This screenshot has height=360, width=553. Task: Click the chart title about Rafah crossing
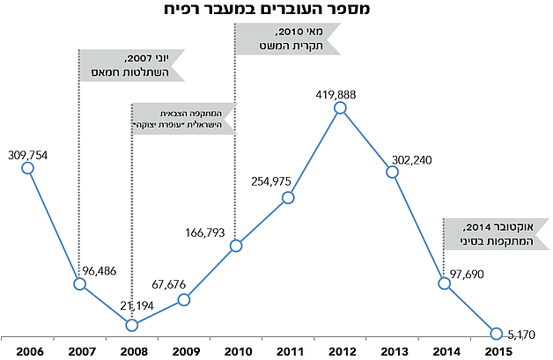click(276, 11)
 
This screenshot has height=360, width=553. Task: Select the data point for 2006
click(26, 168)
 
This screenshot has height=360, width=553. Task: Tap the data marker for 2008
click(131, 325)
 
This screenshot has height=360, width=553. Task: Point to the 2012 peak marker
click(341, 108)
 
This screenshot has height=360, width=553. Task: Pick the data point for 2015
click(497, 333)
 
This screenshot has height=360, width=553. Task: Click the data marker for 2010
click(236, 246)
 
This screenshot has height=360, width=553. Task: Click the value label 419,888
click(341, 92)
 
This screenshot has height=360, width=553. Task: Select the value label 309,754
click(26, 153)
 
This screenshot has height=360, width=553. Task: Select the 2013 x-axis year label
click(393, 352)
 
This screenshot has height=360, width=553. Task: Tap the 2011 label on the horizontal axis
click(288, 352)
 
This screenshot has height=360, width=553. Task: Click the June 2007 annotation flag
click(131, 65)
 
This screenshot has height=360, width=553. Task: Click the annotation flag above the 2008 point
click(183, 118)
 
